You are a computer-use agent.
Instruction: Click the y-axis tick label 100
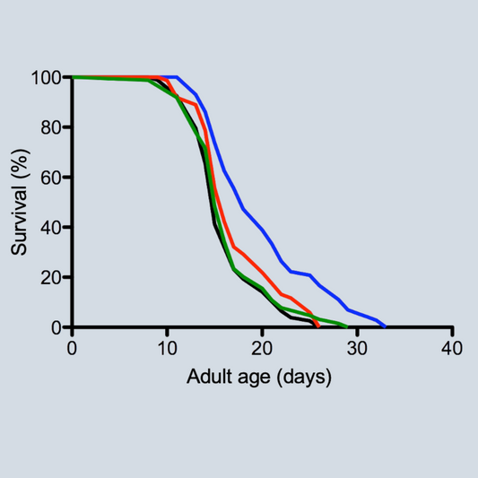click(46, 78)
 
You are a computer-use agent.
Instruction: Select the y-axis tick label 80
click(50, 127)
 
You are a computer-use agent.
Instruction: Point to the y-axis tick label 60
click(50, 178)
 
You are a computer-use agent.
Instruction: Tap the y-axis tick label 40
click(50, 227)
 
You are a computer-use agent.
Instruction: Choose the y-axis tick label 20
click(50, 277)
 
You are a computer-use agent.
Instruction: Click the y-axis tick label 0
click(56, 327)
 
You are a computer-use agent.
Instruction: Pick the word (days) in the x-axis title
click(306, 378)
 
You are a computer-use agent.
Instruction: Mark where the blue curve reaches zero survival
click(385, 326)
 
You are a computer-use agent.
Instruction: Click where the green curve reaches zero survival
click(347, 326)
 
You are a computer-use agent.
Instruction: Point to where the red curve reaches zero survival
click(318, 326)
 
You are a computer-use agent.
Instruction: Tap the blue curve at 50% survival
click(238, 202)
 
